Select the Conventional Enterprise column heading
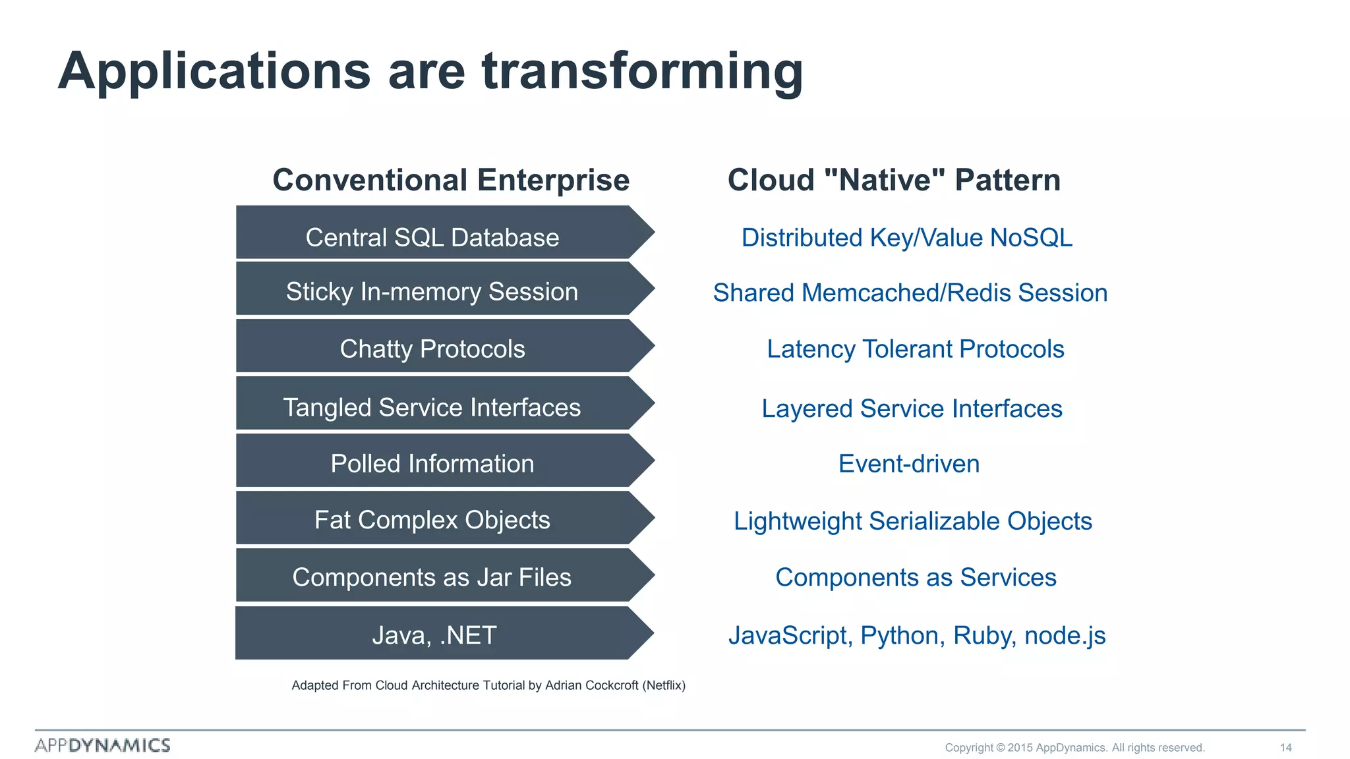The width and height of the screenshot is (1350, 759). click(451, 180)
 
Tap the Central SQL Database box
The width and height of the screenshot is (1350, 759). click(432, 237)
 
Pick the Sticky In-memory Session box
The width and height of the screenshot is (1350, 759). click(432, 292)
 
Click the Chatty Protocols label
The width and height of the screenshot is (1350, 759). click(432, 349)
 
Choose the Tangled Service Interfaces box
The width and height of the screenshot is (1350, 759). click(432, 407)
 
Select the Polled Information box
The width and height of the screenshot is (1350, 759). click(432, 464)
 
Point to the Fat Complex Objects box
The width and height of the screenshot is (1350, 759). click(432, 520)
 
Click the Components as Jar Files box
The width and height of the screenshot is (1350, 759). click(432, 577)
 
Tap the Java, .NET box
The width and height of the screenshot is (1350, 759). click(432, 635)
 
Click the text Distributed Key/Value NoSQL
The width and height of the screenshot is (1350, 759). click(906, 238)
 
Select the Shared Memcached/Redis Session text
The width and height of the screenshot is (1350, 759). click(910, 293)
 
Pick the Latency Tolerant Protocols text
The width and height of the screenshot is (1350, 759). click(915, 349)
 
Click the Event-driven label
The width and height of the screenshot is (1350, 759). click(908, 464)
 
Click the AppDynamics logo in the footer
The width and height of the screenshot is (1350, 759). click(103, 745)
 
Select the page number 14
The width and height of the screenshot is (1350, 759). click(1285, 747)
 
